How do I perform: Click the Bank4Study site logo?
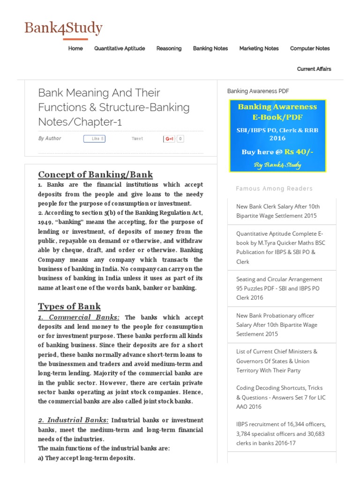tap(63, 28)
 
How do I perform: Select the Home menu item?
tap(75, 48)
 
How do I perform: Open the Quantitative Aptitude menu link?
tap(120, 48)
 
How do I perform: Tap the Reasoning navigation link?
tap(169, 48)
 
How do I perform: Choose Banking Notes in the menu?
tap(210, 48)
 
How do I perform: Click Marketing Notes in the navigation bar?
tap(259, 48)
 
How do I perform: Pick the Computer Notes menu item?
tap(310, 48)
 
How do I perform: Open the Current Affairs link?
tap(314, 69)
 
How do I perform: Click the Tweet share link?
tap(137, 139)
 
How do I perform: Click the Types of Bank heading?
tap(69, 307)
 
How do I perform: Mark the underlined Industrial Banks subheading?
tap(74, 420)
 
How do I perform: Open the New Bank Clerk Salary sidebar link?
tap(278, 211)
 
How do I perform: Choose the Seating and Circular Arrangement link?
tap(279, 288)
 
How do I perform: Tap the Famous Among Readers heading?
tap(274, 188)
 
